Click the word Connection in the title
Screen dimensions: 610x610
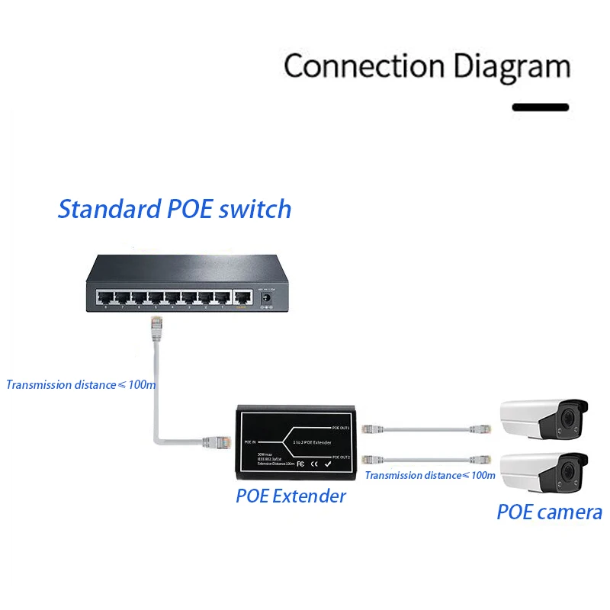(x=365, y=66)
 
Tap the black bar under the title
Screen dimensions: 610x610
(x=540, y=108)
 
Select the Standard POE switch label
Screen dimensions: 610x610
(x=175, y=208)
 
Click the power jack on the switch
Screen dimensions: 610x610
(x=266, y=300)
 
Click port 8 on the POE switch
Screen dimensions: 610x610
(x=104, y=298)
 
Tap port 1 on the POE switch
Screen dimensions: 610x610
(x=222, y=298)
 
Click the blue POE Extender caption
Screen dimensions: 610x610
(x=291, y=496)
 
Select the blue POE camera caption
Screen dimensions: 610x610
(x=549, y=512)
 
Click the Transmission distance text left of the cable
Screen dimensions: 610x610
(x=81, y=384)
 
